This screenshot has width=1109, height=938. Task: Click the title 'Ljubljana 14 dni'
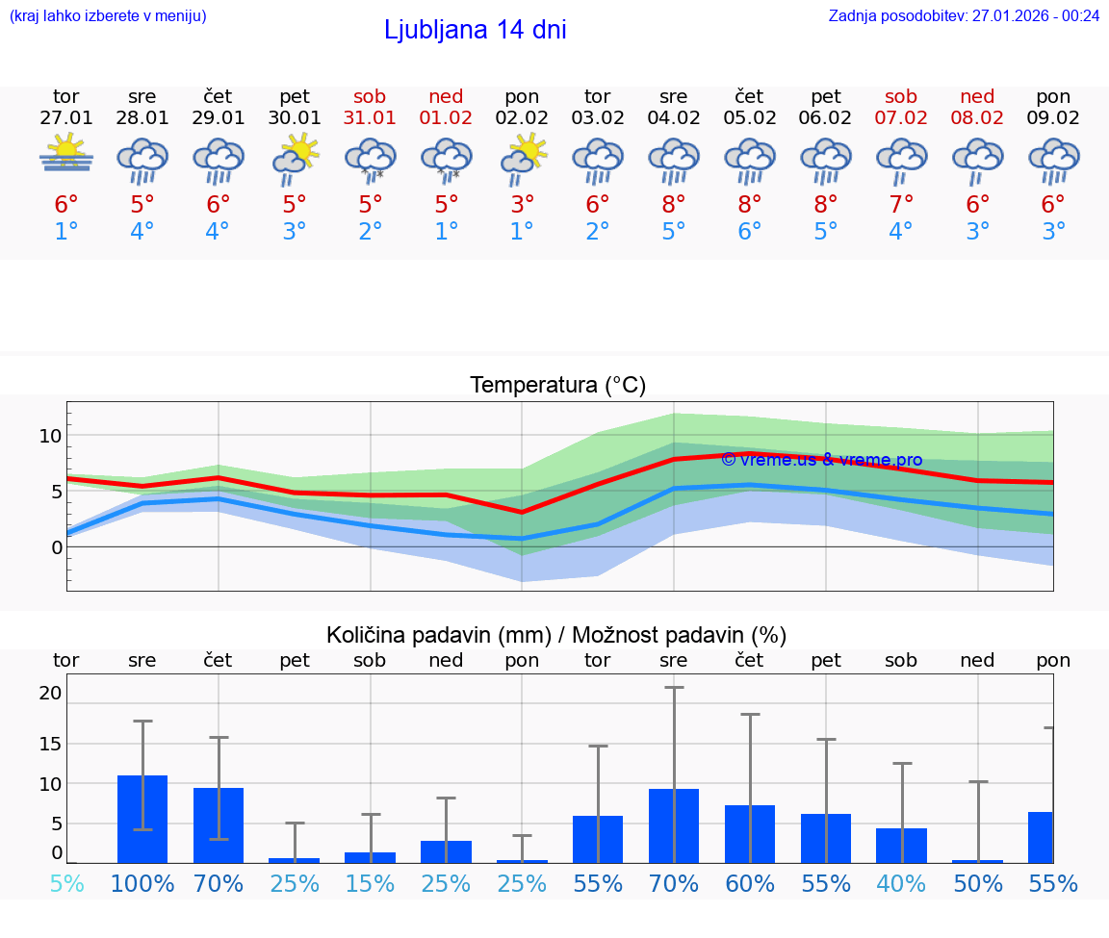coord(475,30)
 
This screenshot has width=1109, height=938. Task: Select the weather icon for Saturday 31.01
coord(371,160)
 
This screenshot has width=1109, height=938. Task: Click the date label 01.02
coord(446,118)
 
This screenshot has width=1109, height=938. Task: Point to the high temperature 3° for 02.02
coord(522,204)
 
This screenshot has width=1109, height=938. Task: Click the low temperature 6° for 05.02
coord(750,232)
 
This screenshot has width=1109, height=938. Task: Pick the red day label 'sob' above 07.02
coord(901,96)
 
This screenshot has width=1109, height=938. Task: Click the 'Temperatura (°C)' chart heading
coord(557,385)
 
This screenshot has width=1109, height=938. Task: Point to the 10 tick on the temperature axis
coord(50,436)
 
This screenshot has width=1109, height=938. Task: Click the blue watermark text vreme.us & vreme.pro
coord(821,460)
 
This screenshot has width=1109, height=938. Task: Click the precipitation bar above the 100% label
coord(142,819)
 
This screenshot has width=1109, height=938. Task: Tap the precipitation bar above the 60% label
coord(750,833)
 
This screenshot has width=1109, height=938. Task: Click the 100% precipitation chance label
coord(142,884)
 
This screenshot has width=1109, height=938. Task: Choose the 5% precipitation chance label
coord(66,884)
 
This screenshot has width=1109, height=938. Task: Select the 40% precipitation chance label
coord(902,884)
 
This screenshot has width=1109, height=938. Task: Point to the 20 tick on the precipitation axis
coord(50,693)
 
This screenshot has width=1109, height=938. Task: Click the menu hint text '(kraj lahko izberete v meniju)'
coord(108,15)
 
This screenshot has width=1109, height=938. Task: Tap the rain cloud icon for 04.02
coord(674,160)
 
